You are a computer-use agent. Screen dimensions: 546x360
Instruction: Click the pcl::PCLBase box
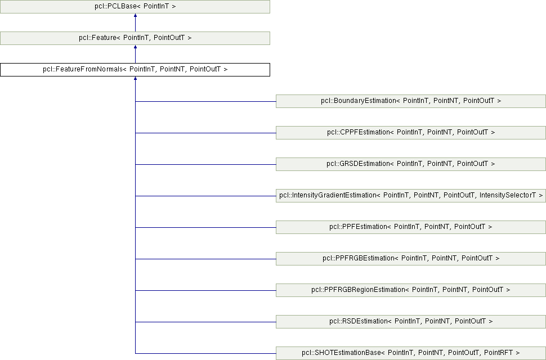(135, 7)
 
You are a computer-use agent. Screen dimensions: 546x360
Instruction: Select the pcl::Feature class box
(135, 38)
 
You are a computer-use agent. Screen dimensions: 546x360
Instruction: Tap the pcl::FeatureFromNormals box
(135, 70)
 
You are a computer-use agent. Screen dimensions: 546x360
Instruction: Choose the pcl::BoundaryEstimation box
(410, 101)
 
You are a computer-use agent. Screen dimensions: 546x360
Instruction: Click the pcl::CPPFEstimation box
(410, 133)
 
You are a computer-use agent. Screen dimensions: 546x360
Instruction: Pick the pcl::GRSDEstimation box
(410, 164)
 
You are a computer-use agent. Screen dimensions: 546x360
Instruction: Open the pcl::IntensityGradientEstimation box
(410, 196)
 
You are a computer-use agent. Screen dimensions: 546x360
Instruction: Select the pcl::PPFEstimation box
(410, 227)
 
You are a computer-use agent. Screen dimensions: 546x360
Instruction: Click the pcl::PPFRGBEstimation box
(410, 259)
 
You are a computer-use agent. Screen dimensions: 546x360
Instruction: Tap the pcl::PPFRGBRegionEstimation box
(410, 290)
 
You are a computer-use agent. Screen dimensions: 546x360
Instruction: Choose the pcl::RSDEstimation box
(410, 322)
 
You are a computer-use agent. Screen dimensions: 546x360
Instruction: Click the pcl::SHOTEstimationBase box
(410, 353)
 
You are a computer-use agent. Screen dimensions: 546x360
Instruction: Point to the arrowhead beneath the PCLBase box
(135, 16)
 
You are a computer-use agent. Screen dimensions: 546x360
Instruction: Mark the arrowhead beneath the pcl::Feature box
(135, 48)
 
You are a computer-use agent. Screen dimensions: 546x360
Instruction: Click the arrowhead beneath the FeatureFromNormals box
(135, 79)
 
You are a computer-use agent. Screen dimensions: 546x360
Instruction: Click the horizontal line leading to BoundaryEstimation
(205, 101)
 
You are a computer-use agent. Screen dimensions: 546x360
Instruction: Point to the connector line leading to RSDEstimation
(205, 322)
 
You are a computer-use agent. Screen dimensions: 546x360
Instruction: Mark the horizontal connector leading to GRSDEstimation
(205, 164)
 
